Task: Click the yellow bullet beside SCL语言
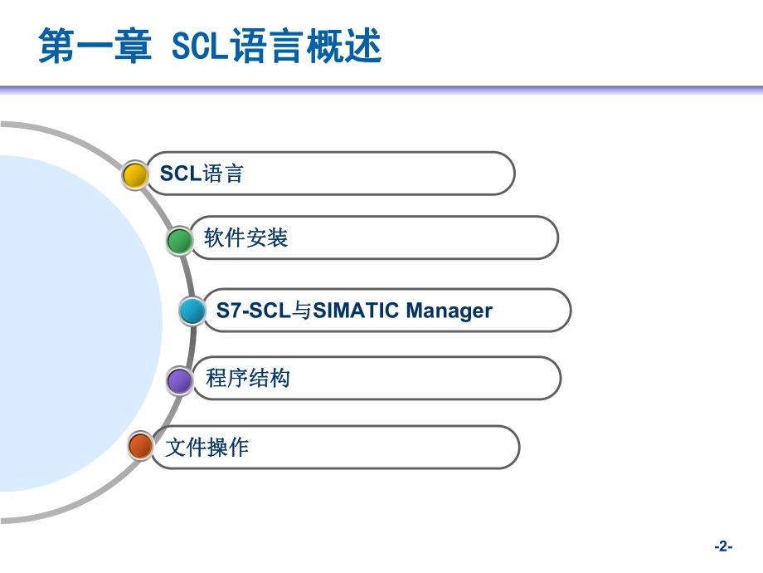point(134,175)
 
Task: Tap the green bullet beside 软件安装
point(178,241)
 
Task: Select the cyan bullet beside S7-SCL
point(192,311)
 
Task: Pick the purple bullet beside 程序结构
point(179,380)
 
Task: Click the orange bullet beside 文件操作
point(141,447)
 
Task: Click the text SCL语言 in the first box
point(202,174)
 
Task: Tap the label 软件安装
point(245,238)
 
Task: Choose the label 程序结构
point(248,379)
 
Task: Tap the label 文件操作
point(207,448)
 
